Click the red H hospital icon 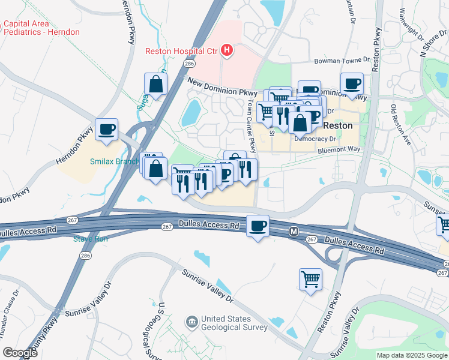pos(226,50)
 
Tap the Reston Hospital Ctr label pos(182,51)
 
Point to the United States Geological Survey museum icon pos(191,323)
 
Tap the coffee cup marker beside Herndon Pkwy pos(106,130)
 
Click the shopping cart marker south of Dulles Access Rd pos(310,279)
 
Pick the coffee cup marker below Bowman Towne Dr pos(352,84)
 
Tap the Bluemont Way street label pos(339,151)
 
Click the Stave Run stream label pos(90,239)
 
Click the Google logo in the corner pos(20,353)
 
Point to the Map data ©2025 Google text pos(412,355)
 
